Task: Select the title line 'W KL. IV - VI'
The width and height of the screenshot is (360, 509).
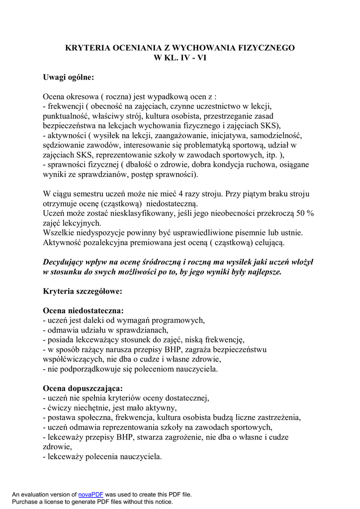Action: click(180, 58)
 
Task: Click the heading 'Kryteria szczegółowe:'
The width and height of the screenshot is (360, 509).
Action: click(83, 291)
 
